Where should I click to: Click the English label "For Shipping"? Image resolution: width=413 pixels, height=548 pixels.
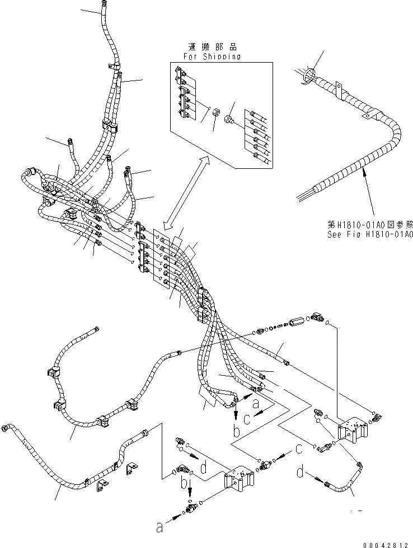tap(212, 56)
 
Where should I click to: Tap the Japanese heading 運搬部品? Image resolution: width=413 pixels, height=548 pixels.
tap(212, 48)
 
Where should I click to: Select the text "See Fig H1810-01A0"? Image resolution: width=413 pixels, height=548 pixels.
tap(370, 235)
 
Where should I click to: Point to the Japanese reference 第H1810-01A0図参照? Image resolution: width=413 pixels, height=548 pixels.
tap(370, 225)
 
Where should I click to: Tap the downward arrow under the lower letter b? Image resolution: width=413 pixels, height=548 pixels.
tap(190, 493)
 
